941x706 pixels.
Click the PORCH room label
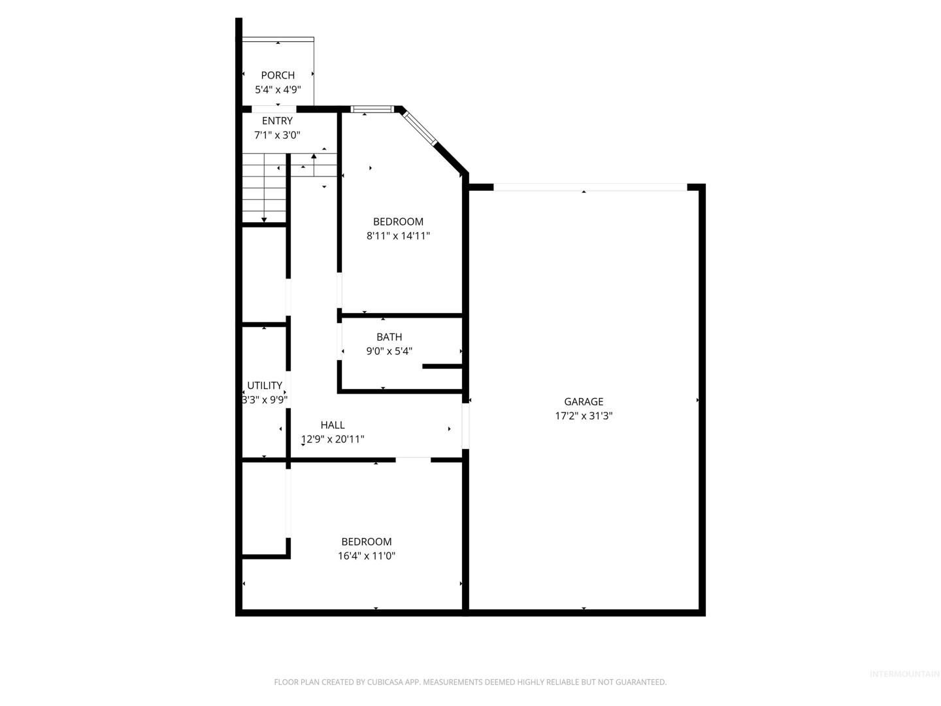278,75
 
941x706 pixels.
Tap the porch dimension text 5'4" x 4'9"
278,90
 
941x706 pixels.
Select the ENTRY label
277,121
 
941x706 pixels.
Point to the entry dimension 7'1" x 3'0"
277,135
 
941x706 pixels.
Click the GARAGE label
584,401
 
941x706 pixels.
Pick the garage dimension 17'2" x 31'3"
584,415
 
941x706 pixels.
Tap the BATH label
389,337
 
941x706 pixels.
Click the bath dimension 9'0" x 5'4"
389,351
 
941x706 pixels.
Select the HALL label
333,425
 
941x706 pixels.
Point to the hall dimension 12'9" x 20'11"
333,439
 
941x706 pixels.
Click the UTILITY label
265,386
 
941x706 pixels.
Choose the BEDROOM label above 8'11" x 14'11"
398,222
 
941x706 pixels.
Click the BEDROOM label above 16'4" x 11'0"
367,541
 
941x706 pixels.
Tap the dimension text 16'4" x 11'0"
367,556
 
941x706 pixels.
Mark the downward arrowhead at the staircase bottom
264,220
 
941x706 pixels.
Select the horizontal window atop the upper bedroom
372,109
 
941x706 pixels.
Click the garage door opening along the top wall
590,188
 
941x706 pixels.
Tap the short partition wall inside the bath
442,366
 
